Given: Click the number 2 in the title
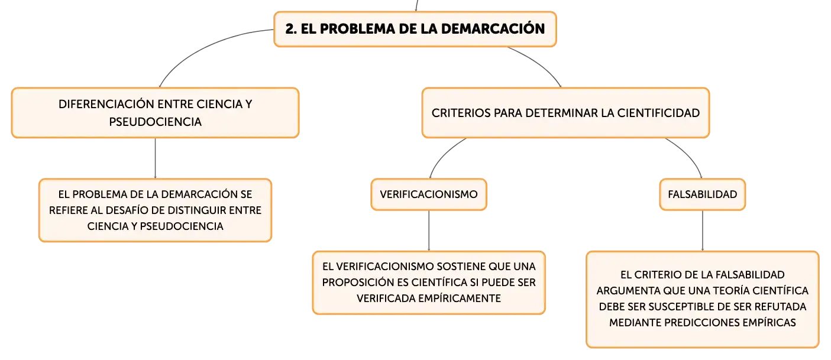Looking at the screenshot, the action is [x=291, y=29].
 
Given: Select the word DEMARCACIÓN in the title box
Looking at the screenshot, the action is [x=493, y=28].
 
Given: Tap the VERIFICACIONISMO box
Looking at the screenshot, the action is [x=429, y=194].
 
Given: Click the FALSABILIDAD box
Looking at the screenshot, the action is [x=702, y=194].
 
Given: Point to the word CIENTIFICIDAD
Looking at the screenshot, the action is [x=658, y=113].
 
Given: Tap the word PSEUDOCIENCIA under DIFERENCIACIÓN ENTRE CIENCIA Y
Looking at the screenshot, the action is [x=155, y=122].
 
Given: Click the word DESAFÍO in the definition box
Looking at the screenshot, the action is [x=128, y=210].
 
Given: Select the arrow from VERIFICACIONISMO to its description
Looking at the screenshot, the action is [x=429, y=231].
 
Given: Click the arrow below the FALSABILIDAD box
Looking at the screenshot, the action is [x=702, y=231].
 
